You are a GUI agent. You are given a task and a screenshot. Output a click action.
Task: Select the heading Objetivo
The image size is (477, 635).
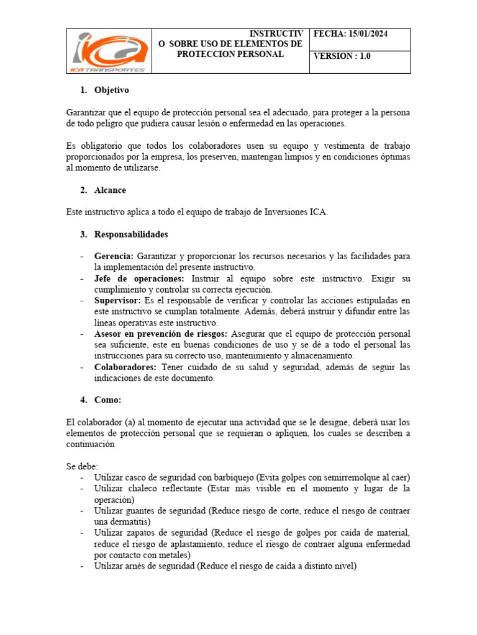click(x=112, y=91)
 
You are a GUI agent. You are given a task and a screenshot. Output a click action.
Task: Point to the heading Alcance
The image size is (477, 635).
click(x=110, y=190)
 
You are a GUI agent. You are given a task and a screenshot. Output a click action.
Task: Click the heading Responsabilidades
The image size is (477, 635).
click(x=131, y=234)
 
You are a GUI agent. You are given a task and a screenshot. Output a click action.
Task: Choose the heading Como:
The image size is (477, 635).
click(x=108, y=400)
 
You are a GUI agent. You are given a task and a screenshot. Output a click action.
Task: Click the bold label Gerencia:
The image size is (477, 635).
click(x=114, y=256)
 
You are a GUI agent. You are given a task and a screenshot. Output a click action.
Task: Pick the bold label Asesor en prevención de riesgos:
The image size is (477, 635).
click(x=161, y=334)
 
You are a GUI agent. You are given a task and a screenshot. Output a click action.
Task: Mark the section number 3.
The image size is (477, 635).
click(x=84, y=234)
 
